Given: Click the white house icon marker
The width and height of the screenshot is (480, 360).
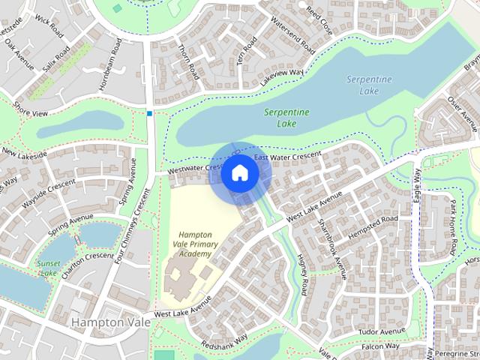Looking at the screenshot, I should (239, 172).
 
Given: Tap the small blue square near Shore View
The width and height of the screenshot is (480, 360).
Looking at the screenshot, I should (150, 114).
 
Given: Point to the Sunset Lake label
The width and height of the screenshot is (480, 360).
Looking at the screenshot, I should (47, 268).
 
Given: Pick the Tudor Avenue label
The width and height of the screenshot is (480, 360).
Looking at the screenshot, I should (381, 331).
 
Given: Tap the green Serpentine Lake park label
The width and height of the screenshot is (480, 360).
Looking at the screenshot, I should (286, 118).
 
